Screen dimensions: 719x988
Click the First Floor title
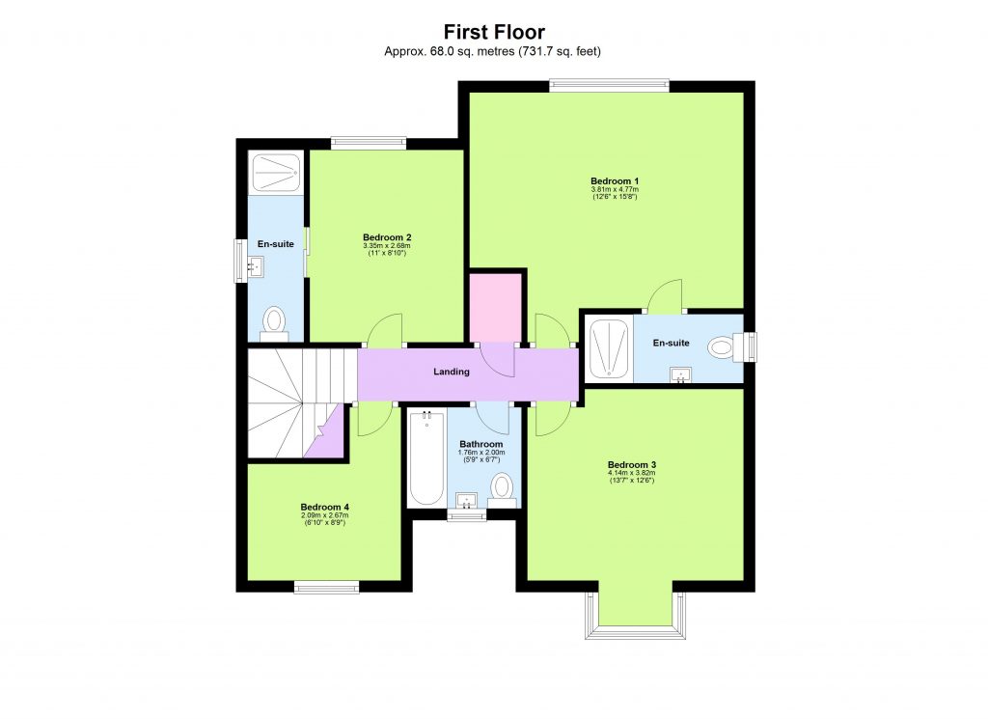[493, 32]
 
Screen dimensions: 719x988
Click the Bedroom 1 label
[615, 181]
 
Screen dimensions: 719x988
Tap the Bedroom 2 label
[387, 237]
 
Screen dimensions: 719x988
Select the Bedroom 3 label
[632, 463]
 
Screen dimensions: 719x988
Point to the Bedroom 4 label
[324, 507]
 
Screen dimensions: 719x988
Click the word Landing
[451, 372]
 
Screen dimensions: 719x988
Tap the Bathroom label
[481, 444]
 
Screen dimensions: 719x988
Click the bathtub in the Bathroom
[425, 458]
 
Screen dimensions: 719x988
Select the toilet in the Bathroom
[501, 487]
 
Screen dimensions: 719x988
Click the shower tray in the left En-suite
[275, 173]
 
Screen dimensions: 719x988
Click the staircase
[289, 401]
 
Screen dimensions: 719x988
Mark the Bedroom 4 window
[326, 586]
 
